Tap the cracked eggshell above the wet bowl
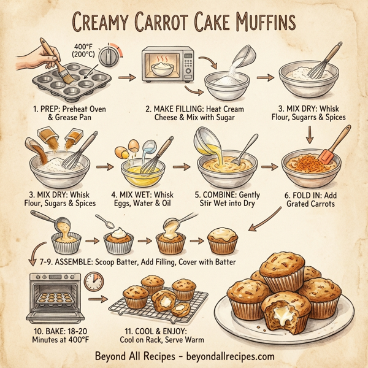132,147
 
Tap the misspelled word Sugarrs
318,116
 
